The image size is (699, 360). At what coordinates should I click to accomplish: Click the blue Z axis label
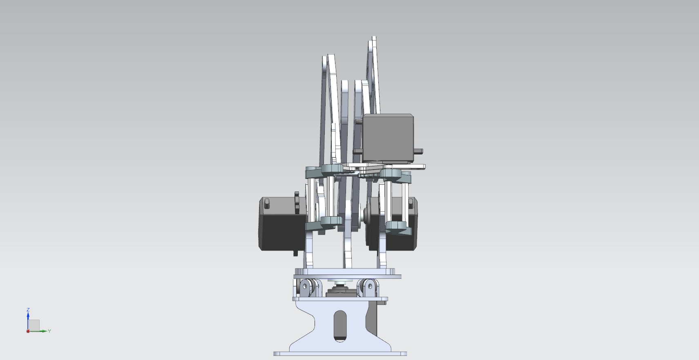point(28,310)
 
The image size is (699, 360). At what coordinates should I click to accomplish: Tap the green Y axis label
point(49,331)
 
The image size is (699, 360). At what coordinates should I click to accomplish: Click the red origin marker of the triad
point(28,331)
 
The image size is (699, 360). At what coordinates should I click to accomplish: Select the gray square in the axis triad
point(34,325)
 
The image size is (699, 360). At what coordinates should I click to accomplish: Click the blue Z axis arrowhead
point(28,314)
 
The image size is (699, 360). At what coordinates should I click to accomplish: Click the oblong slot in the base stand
point(340,326)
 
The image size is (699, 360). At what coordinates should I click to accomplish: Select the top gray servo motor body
point(388,138)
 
